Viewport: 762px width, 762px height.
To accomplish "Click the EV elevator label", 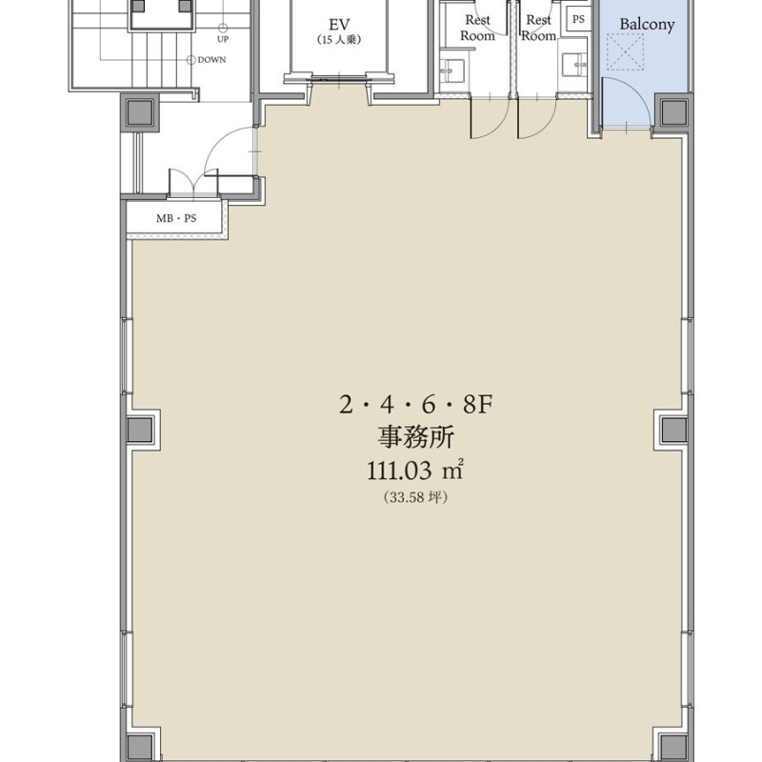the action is click(339, 25).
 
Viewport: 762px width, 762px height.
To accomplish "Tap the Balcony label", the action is click(647, 25).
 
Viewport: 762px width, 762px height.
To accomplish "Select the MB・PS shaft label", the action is click(176, 218).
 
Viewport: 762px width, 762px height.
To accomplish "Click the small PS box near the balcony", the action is click(578, 19).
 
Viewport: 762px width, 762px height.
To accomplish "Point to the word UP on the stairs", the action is click(223, 39).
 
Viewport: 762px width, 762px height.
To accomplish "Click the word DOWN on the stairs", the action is click(211, 60).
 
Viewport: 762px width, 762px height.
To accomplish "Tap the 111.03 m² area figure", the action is click(414, 470).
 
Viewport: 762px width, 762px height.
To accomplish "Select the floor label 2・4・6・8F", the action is click(416, 404).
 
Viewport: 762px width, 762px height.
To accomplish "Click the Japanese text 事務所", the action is click(416, 436).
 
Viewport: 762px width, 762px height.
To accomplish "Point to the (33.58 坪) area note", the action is click(415, 497).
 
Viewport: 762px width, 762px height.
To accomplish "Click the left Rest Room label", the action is click(477, 28).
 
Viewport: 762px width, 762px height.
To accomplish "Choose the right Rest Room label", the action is click(538, 28).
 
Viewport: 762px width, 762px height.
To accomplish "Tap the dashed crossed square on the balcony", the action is click(626, 51).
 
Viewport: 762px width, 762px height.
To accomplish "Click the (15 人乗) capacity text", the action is click(339, 40).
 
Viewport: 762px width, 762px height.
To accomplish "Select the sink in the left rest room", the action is click(451, 70).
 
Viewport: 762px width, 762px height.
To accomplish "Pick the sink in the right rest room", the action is click(575, 65).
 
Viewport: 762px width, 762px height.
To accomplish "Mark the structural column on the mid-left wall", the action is click(140, 431).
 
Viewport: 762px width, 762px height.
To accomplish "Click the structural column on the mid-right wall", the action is click(674, 431).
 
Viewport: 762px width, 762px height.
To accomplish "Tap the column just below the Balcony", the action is click(674, 112).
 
